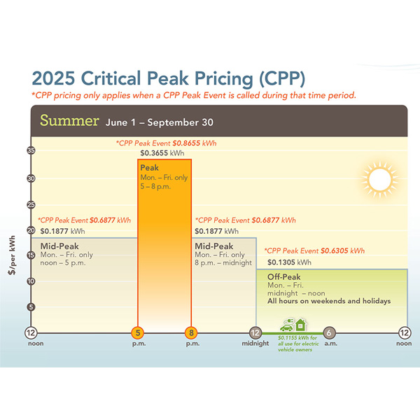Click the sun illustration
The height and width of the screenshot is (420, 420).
[x=379, y=178]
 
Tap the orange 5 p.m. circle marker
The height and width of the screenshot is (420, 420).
[x=139, y=332]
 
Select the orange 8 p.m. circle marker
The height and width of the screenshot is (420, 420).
[x=190, y=332]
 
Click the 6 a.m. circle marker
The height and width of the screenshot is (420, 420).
[x=330, y=332]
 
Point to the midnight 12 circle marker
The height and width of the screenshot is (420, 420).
[x=255, y=332]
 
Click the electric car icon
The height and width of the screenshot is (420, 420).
[x=286, y=325]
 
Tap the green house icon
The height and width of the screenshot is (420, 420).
[x=301, y=324]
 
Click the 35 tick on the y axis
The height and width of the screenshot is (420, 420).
[x=31, y=150]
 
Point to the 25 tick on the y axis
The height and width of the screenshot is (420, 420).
[x=31, y=204]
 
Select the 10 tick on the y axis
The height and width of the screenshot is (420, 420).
[x=31, y=281]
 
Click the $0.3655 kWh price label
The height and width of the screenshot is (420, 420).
[x=162, y=153]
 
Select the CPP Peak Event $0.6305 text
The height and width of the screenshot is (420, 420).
[x=314, y=251]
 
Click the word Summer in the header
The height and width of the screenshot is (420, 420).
[x=69, y=120]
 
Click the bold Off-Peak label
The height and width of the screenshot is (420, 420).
[x=284, y=276]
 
